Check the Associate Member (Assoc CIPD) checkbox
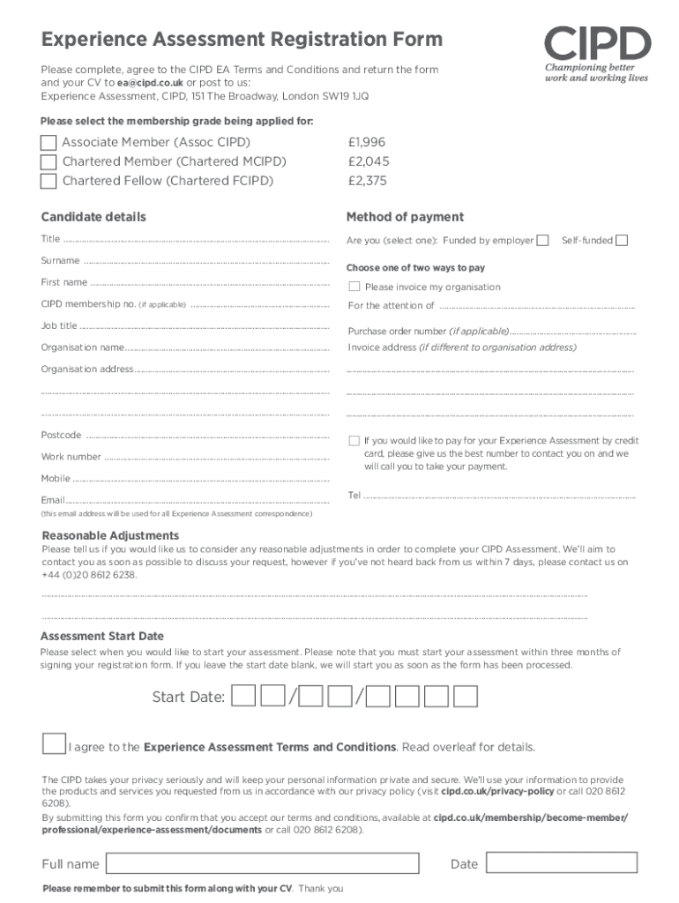pos(48,143)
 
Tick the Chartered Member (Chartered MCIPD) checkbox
pos(48,162)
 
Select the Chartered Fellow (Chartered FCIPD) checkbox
pos(48,182)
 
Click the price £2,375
pos(368,181)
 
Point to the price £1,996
pos(367,142)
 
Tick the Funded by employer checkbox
pos(543,241)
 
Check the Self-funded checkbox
pos(622,241)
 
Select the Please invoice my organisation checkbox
pos(354,287)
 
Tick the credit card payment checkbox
pos(354,440)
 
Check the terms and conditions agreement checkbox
pos(54,743)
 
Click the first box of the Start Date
pos(244,697)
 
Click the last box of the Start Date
pos(465,697)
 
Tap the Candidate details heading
pos(93,217)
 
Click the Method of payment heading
pos(405,217)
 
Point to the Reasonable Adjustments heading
pos(111,535)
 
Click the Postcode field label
pos(61,435)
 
